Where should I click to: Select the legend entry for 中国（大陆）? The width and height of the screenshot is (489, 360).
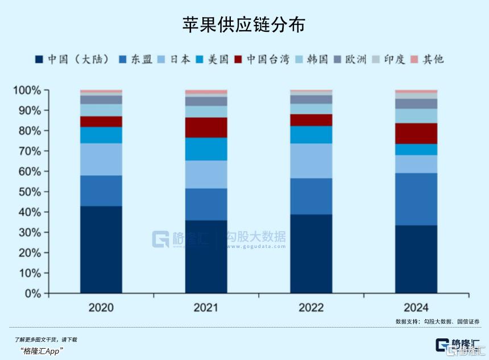click(x=72, y=59)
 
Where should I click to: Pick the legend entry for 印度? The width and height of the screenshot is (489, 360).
click(x=389, y=59)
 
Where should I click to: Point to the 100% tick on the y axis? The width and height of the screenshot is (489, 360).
click(x=27, y=90)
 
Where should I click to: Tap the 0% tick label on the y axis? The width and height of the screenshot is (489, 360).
click(x=32, y=293)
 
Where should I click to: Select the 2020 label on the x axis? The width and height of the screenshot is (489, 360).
click(x=101, y=308)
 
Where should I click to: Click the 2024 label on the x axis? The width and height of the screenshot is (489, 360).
click(x=416, y=308)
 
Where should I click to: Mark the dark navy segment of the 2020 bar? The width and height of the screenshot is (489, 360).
click(x=101, y=250)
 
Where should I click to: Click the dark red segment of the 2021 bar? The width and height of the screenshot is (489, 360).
click(x=206, y=127)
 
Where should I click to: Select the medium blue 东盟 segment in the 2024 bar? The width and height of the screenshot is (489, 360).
click(x=416, y=199)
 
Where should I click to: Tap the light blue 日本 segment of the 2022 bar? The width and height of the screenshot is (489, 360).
click(x=311, y=160)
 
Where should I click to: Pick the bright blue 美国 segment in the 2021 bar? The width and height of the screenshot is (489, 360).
click(x=206, y=149)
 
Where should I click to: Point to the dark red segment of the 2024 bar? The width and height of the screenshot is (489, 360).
click(x=416, y=133)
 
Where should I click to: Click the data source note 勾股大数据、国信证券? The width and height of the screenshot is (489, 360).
click(x=437, y=321)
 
